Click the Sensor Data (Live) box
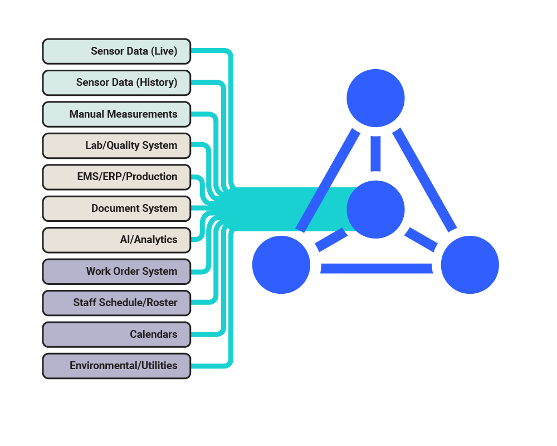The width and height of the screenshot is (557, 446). pyautogui.click(x=116, y=51)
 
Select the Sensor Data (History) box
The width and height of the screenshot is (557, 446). pyautogui.click(x=116, y=83)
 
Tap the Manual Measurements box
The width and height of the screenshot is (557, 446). pyautogui.click(x=116, y=114)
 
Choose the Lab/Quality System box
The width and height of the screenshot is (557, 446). pyautogui.click(x=116, y=146)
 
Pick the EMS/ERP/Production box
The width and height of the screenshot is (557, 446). pyautogui.click(x=116, y=177)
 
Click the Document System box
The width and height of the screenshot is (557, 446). pyautogui.click(x=116, y=209)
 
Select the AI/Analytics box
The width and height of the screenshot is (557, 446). pyautogui.click(x=116, y=240)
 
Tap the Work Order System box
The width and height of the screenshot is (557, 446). pyautogui.click(x=116, y=272)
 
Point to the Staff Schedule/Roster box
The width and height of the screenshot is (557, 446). pyautogui.click(x=116, y=303)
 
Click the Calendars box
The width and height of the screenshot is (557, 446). pyautogui.click(x=116, y=334)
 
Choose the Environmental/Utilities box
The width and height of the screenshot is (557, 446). pyautogui.click(x=116, y=366)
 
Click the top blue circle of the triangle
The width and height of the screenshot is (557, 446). pyautogui.click(x=375, y=98)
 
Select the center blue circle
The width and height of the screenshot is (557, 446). pyautogui.click(x=375, y=209)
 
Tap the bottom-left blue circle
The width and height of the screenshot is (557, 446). pyautogui.click(x=281, y=265)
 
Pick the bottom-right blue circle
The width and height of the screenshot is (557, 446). pyautogui.click(x=470, y=265)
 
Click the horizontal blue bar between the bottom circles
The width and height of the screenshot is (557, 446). pyautogui.click(x=377, y=268)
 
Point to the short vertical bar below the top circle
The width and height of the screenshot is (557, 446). pyautogui.click(x=375, y=153)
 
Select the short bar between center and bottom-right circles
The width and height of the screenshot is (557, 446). pyautogui.click(x=421, y=238)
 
